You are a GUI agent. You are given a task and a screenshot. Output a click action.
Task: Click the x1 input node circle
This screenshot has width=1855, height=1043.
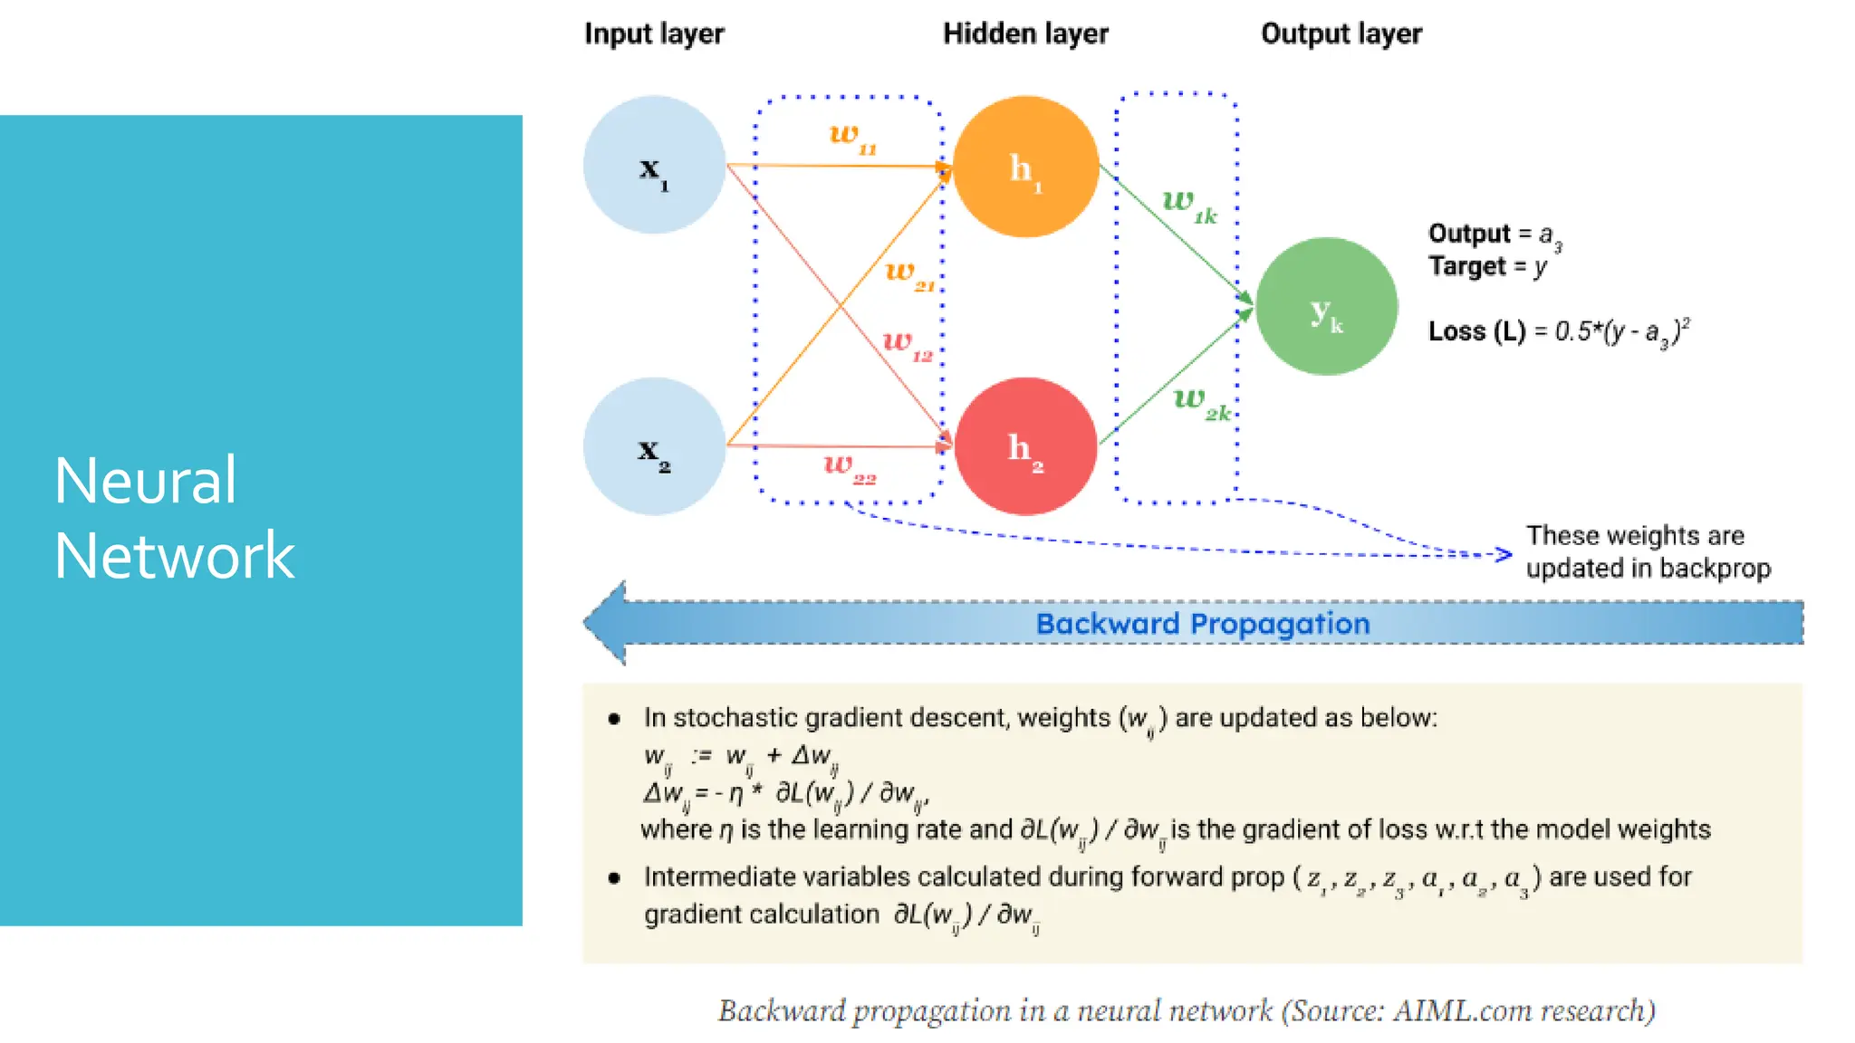654,166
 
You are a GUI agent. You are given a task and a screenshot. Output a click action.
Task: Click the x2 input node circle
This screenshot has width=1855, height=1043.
654,446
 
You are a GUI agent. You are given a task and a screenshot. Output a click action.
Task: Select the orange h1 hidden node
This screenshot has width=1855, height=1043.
1025,167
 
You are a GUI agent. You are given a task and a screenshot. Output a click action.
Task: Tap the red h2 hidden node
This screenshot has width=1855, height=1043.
1025,446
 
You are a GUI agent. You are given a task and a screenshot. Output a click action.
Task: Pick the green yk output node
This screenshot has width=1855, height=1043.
1326,307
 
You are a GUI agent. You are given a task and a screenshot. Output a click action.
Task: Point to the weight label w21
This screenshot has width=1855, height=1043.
909,274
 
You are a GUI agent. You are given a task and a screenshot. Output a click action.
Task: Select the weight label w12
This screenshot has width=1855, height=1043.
907,344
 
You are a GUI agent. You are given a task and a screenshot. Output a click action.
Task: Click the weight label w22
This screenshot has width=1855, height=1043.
849,468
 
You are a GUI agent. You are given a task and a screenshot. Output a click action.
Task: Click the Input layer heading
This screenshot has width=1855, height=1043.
654,33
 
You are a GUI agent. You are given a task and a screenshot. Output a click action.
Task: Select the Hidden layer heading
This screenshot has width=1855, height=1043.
1025,33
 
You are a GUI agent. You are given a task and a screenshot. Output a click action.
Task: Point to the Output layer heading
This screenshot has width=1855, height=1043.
1341,33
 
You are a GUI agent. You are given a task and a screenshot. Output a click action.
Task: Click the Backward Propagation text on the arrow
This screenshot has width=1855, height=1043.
1202,624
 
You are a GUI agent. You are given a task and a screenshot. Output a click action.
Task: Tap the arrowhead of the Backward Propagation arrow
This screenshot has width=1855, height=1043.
605,623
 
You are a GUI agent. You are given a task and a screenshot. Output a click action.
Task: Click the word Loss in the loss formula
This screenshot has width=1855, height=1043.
1456,331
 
